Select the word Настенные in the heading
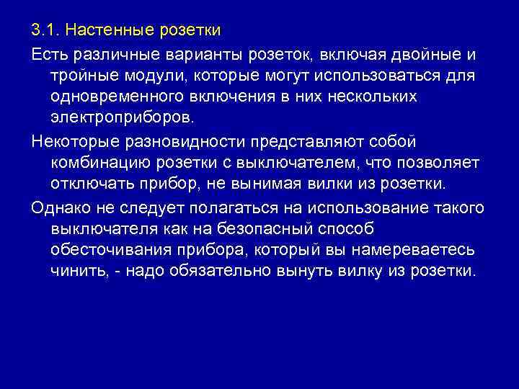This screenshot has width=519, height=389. (x=107, y=32)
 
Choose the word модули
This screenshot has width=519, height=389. (x=156, y=76)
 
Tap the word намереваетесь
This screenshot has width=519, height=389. (x=414, y=251)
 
